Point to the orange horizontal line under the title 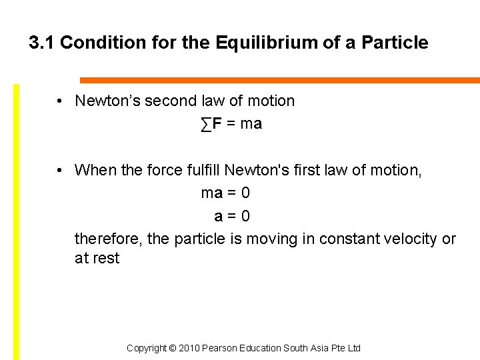280,80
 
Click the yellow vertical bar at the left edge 17,220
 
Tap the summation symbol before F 206,124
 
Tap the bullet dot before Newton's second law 60,101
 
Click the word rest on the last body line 105,259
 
